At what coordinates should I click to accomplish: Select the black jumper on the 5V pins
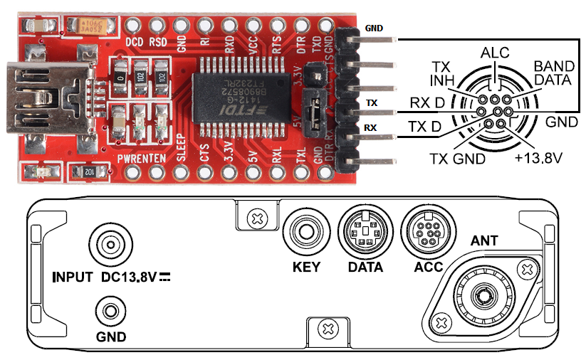[311, 112]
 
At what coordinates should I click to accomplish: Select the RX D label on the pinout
[427, 103]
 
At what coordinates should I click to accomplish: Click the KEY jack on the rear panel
[306, 233]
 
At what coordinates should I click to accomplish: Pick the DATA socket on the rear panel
[365, 232]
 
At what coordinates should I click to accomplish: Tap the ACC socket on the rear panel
[427, 232]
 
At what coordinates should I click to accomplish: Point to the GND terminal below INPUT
[110, 312]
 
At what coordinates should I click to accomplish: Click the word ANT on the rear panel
[484, 241]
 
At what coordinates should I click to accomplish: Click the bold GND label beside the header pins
[374, 28]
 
